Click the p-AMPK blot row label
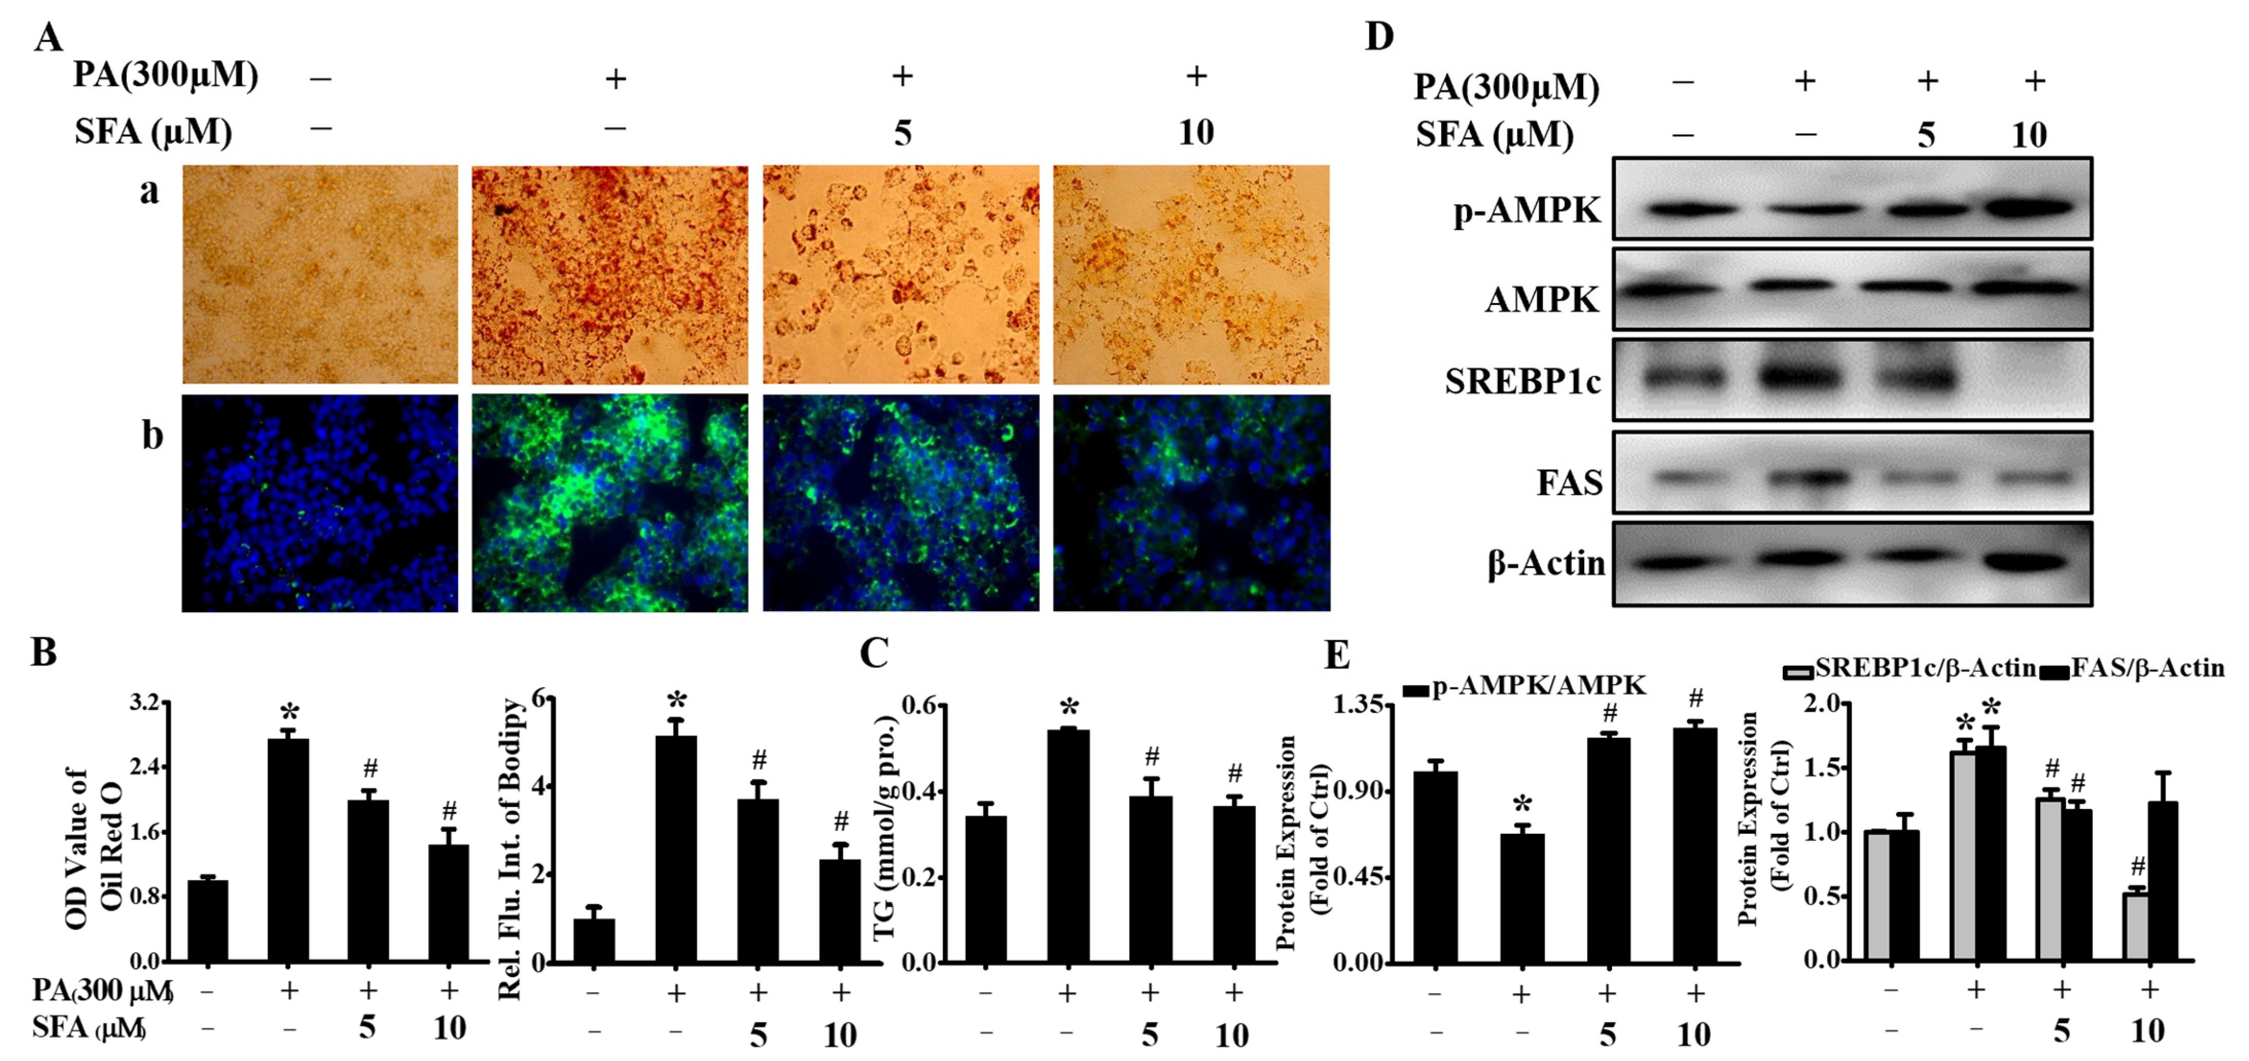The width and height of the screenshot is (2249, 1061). coord(1527,211)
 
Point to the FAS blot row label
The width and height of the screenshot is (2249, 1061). coord(1569,481)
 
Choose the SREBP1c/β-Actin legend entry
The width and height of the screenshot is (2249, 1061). coord(1908,669)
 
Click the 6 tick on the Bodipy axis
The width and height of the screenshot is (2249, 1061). coord(539,699)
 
